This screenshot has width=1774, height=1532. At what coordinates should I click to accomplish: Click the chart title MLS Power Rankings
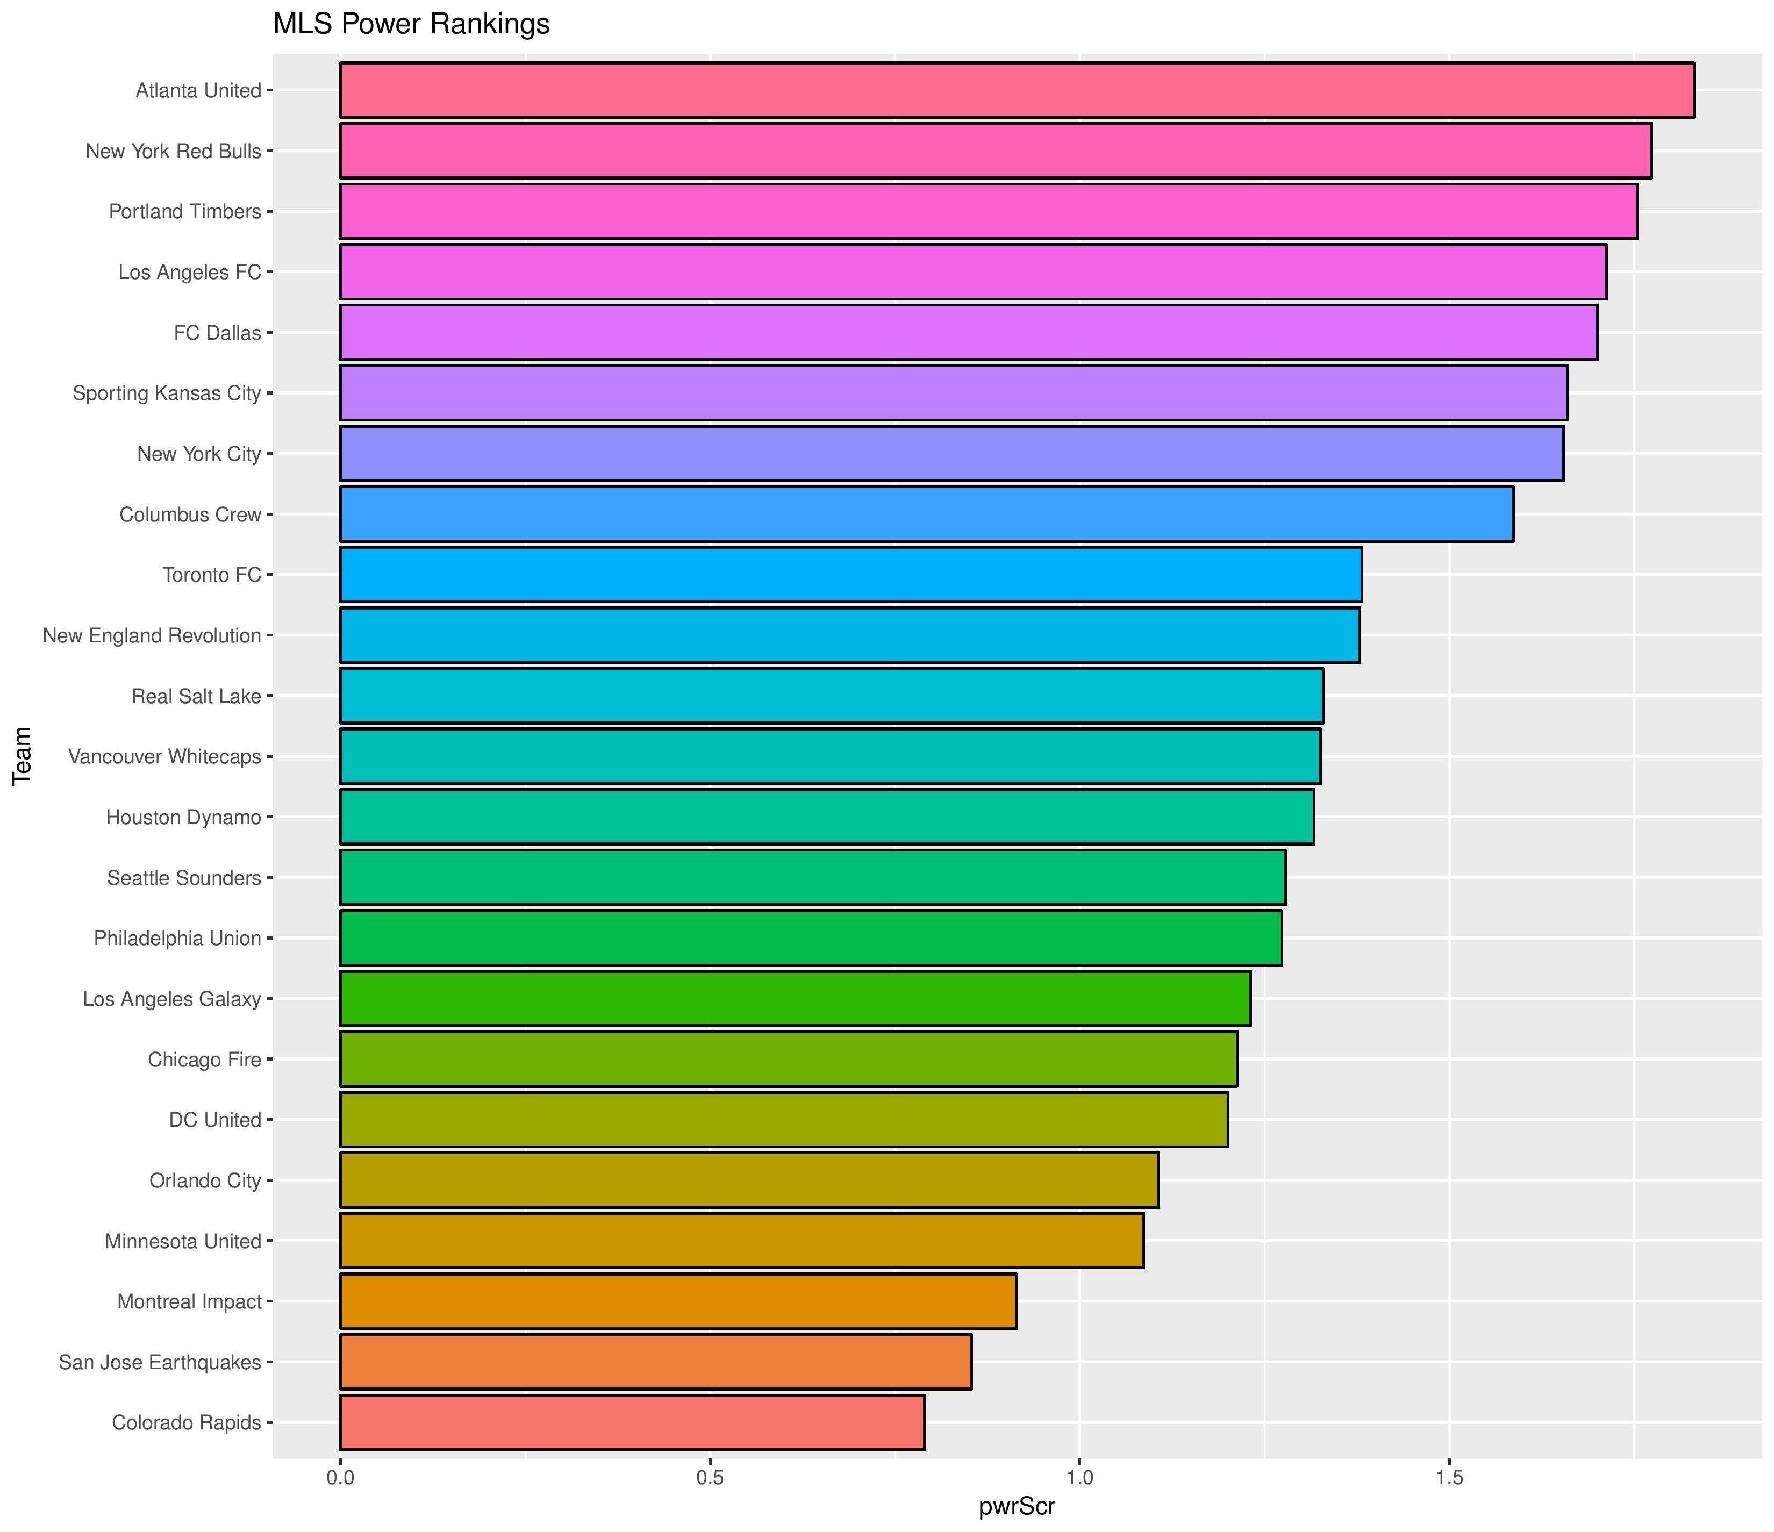click(411, 24)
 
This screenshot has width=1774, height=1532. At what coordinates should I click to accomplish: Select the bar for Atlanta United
click(1016, 90)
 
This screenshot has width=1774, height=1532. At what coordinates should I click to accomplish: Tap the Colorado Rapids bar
click(632, 1422)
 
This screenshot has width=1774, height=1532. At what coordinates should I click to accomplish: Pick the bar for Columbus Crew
click(926, 514)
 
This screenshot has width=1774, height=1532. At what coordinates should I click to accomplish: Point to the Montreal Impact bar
click(678, 1301)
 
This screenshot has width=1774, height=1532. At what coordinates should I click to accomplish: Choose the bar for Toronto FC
click(850, 575)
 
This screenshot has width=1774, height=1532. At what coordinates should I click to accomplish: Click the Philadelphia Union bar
click(811, 937)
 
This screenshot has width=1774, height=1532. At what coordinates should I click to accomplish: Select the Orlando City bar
click(749, 1180)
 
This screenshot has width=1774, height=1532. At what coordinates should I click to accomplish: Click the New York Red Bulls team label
click(173, 151)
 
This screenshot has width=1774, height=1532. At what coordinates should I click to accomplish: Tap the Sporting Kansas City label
click(167, 393)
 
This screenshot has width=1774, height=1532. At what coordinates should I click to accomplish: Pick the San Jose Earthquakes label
click(160, 1362)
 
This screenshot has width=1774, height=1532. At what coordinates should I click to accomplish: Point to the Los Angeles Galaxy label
click(172, 999)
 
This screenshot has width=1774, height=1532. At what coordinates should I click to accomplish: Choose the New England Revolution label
click(152, 635)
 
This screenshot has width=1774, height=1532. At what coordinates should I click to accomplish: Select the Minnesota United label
click(183, 1241)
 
